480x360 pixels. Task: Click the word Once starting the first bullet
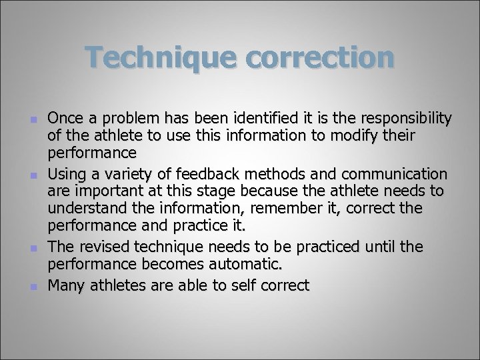pyautogui.click(x=65, y=119)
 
